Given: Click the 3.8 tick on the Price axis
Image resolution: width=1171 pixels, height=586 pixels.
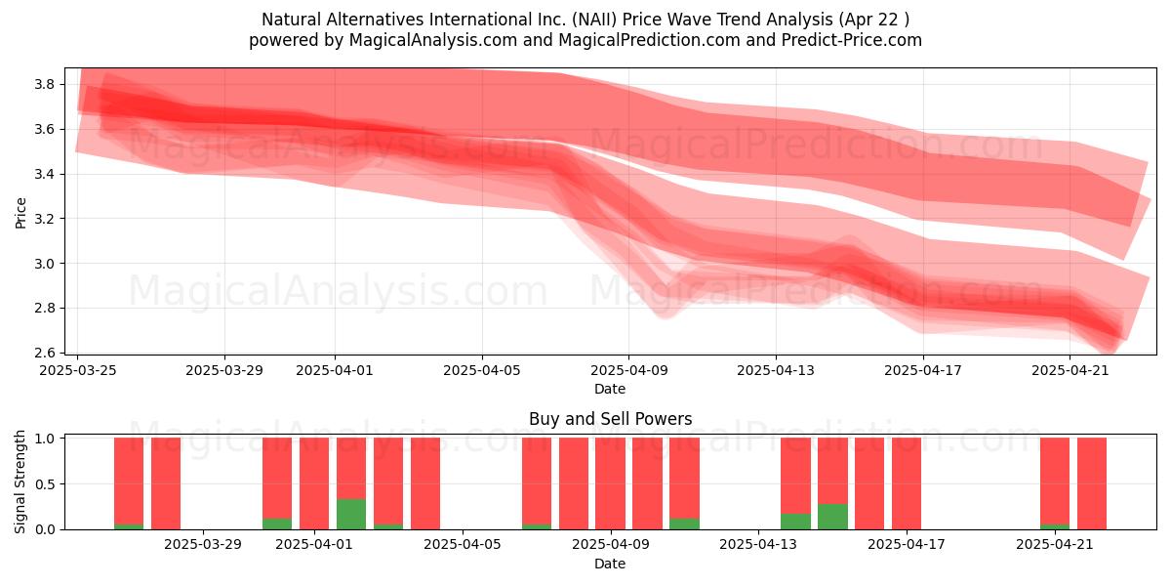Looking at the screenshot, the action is [x=45, y=84].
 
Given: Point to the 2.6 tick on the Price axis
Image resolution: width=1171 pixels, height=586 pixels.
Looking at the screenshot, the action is [x=45, y=353].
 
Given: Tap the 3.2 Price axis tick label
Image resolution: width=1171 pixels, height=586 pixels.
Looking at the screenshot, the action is [x=45, y=219].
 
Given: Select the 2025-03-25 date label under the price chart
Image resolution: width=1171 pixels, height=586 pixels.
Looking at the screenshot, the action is [x=78, y=370].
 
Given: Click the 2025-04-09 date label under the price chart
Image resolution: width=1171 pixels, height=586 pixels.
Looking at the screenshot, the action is [x=629, y=370].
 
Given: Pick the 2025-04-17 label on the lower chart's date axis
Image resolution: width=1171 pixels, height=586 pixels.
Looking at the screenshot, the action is [x=907, y=545].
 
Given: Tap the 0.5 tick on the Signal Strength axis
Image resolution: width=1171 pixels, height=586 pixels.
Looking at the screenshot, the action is [x=45, y=484].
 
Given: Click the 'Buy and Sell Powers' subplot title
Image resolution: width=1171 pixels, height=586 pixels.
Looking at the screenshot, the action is [x=611, y=419].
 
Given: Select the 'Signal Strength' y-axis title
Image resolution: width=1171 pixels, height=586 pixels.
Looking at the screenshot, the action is [x=20, y=481].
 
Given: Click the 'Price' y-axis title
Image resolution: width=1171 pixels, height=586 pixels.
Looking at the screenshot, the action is [x=20, y=213].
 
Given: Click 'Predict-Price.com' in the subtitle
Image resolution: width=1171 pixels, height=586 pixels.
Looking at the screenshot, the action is [x=852, y=40].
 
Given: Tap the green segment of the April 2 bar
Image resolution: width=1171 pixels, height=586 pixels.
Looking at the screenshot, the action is [x=351, y=515].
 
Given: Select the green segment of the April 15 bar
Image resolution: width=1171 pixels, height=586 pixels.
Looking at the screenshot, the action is [x=832, y=517].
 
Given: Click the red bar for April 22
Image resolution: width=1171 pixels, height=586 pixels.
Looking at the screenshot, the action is [x=1092, y=483].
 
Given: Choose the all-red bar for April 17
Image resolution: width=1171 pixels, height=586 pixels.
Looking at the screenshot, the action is [x=907, y=483].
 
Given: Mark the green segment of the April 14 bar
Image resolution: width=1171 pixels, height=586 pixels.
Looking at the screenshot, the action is [x=795, y=522].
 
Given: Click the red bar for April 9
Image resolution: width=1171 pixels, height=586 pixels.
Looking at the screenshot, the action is [x=610, y=483].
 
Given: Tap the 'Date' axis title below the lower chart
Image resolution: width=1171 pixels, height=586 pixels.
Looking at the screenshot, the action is [x=610, y=564].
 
